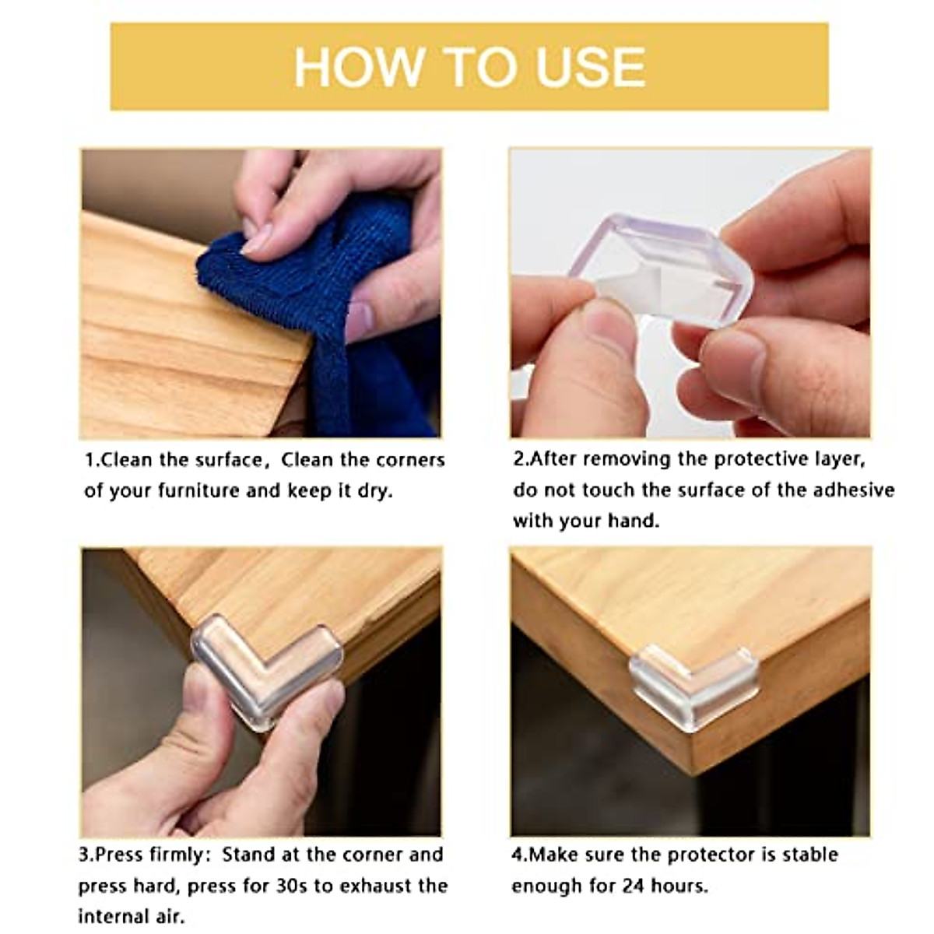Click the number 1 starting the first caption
pos(90,460)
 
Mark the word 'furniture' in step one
pos(199,491)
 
